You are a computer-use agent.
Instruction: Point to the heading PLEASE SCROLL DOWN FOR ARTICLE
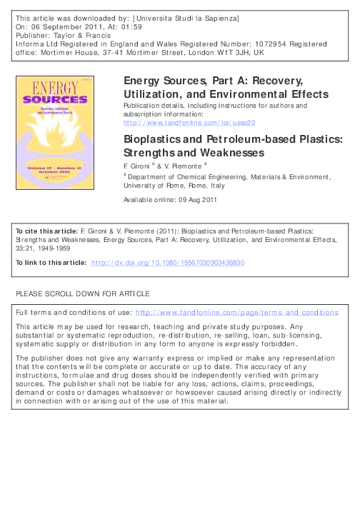tap(83, 293)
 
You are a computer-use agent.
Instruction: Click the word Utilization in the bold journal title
tap(152, 94)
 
